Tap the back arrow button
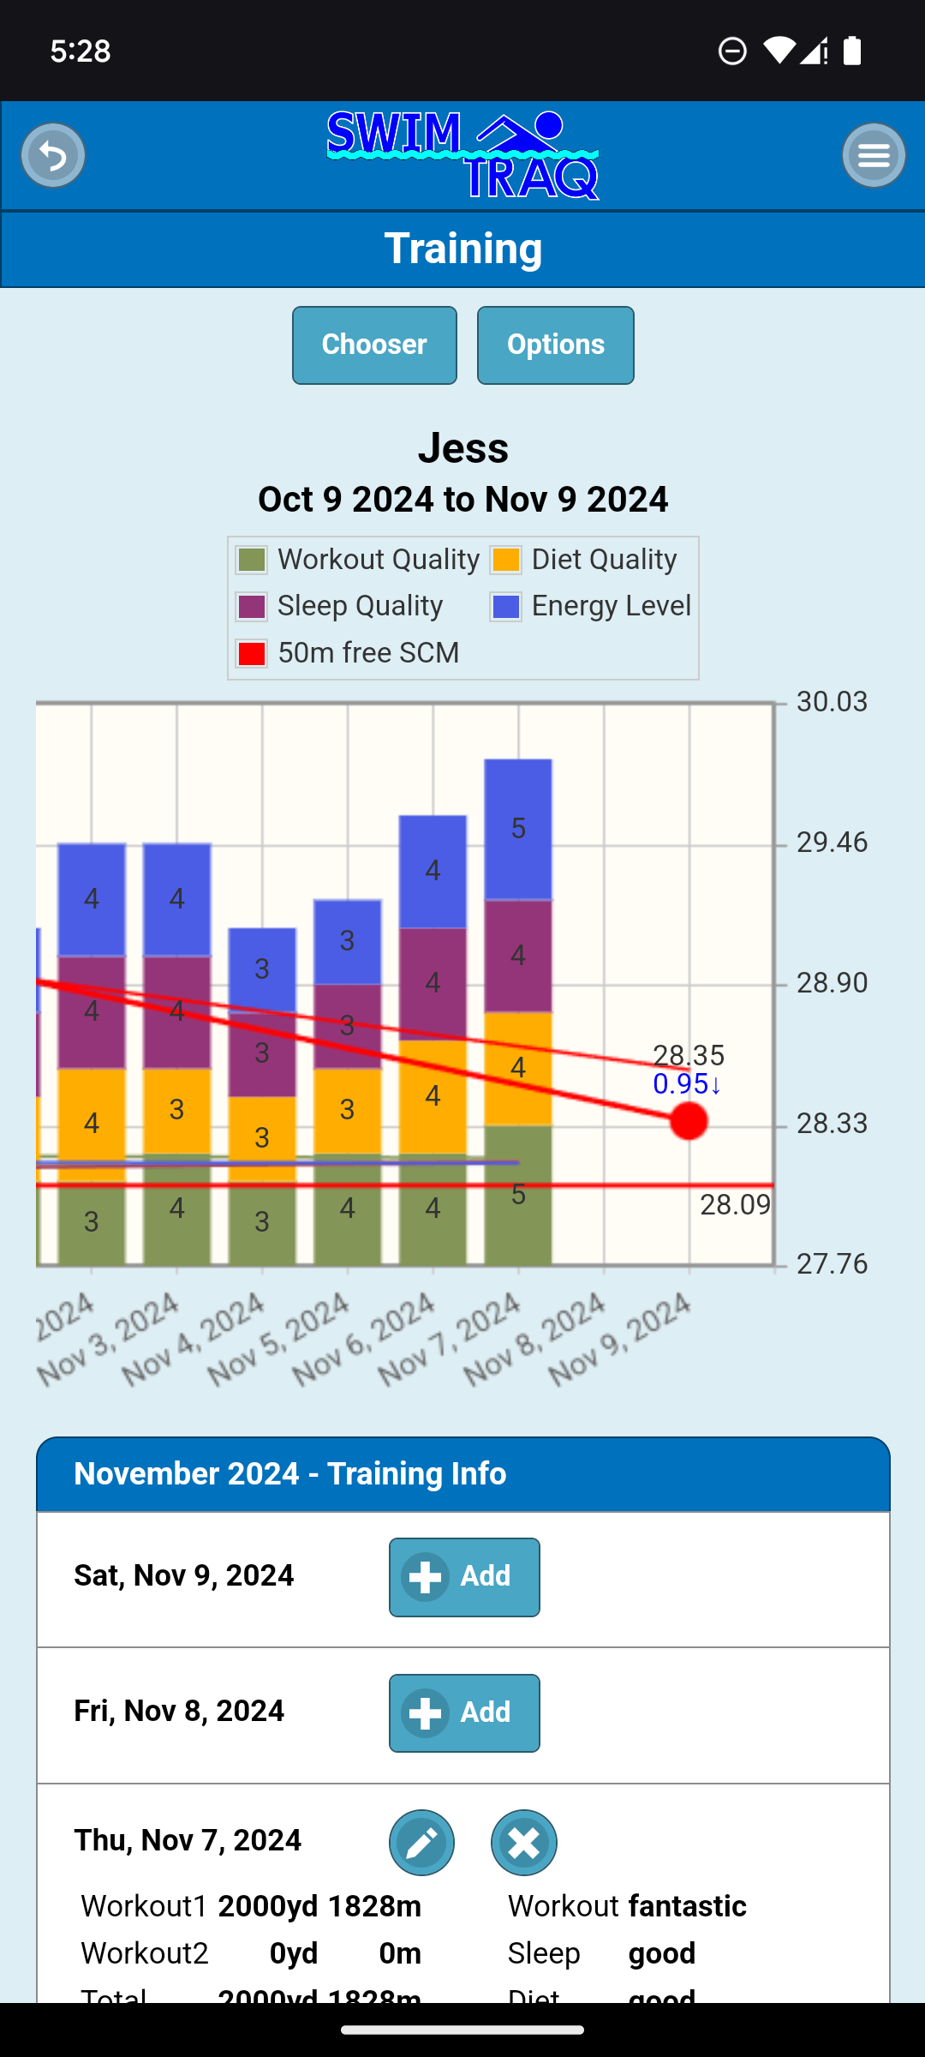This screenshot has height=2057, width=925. tap(53, 155)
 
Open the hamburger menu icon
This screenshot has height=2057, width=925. tap(874, 155)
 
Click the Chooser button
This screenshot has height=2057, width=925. tap(374, 345)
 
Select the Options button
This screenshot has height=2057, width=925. tap(555, 345)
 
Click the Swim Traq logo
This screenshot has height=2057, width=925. tap(462, 155)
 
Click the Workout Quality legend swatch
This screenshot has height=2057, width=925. tap(252, 560)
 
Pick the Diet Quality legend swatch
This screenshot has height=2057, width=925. tap(505, 560)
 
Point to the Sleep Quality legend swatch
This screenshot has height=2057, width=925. tap(252, 606)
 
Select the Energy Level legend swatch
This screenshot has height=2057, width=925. tap(505, 606)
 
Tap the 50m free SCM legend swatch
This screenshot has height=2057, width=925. tap(252, 653)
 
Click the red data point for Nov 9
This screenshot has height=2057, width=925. tap(689, 1121)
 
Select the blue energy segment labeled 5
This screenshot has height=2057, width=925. tap(518, 828)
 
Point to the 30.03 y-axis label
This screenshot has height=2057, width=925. tap(832, 702)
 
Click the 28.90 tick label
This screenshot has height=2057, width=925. tap(832, 983)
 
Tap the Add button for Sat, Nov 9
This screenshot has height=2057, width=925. tap(464, 1577)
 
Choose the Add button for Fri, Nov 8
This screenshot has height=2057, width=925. tap(464, 1712)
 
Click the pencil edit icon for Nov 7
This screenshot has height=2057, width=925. tap(422, 1843)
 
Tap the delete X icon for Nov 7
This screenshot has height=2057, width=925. tap(524, 1843)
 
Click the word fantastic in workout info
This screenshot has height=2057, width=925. tap(687, 1906)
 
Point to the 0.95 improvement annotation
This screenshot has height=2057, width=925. tap(687, 1084)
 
